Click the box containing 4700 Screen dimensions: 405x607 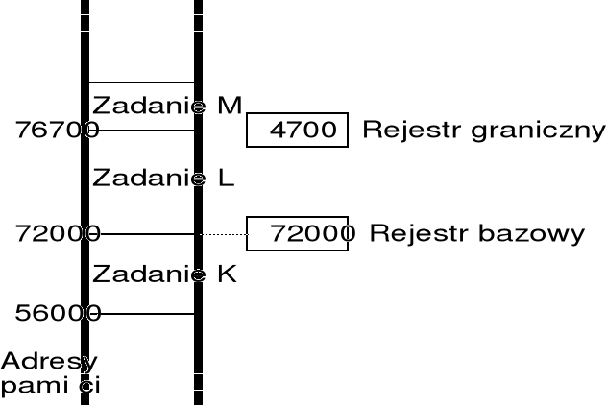pyautogui.click(x=297, y=130)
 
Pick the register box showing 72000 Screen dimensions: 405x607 pyautogui.click(x=297, y=233)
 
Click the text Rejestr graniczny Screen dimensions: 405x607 pyautogui.click(x=483, y=131)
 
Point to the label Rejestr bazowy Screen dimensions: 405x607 pyautogui.click(x=476, y=233)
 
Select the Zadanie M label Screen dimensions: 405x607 pyautogui.click(x=167, y=104)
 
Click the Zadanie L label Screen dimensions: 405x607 pyautogui.click(x=163, y=178)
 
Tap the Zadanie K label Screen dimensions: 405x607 pyautogui.click(x=164, y=274)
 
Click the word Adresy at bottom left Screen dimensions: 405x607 pyautogui.click(x=48, y=362)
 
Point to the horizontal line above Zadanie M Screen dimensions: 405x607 pyautogui.click(x=141, y=83)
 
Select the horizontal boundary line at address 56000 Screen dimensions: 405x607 pyautogui.click(x=144, y=313)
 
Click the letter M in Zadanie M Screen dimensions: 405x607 pyautogui.click(x=230, y=104)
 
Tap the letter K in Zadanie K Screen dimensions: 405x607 pyautogui.click(x=227, y=274)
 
